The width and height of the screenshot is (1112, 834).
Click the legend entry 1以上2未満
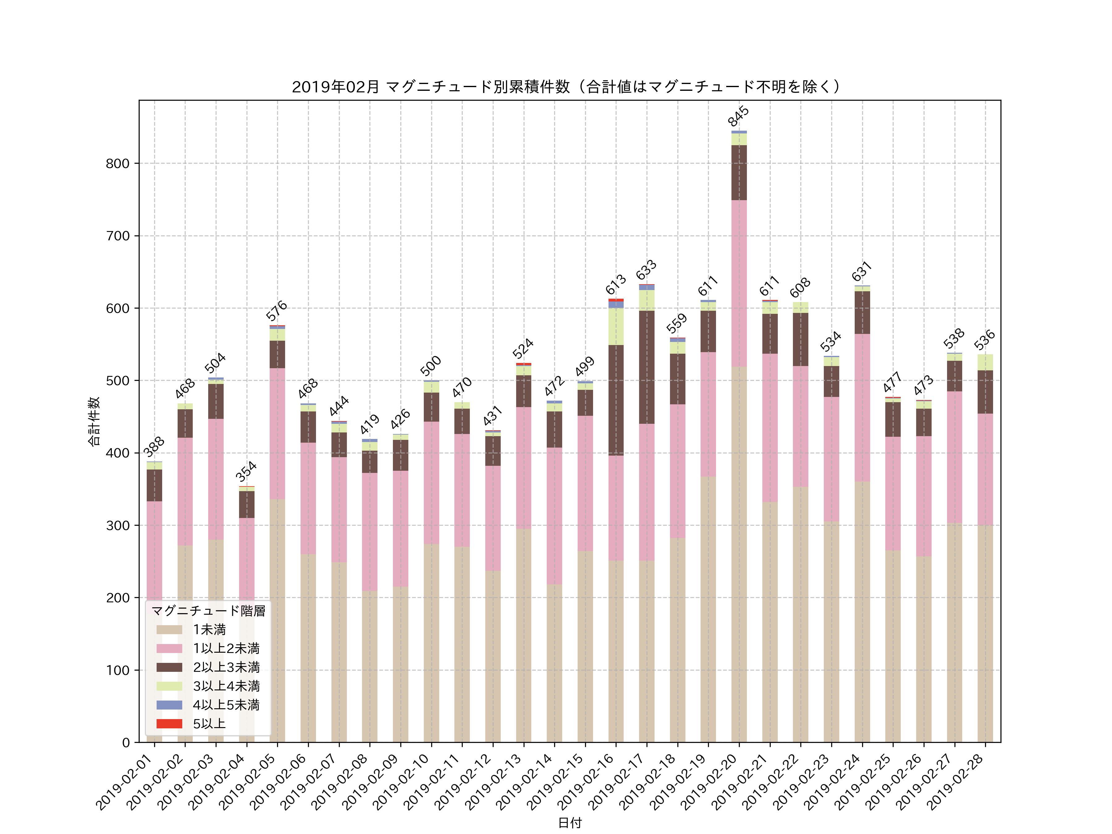[x=226, y=648]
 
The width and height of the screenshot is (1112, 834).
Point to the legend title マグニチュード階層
[x=208, y=610]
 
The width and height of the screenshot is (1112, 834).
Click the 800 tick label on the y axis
[x=118, y=163]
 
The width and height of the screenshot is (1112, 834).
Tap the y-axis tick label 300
[x=118, y=525]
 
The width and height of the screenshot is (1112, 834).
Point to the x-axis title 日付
[x=570, y=823]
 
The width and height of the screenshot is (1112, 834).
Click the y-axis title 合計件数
[x=94, y=421]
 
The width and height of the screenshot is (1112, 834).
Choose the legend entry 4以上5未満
[x=226, y=705]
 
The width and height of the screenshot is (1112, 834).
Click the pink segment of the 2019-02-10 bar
[x=431, y=482]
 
